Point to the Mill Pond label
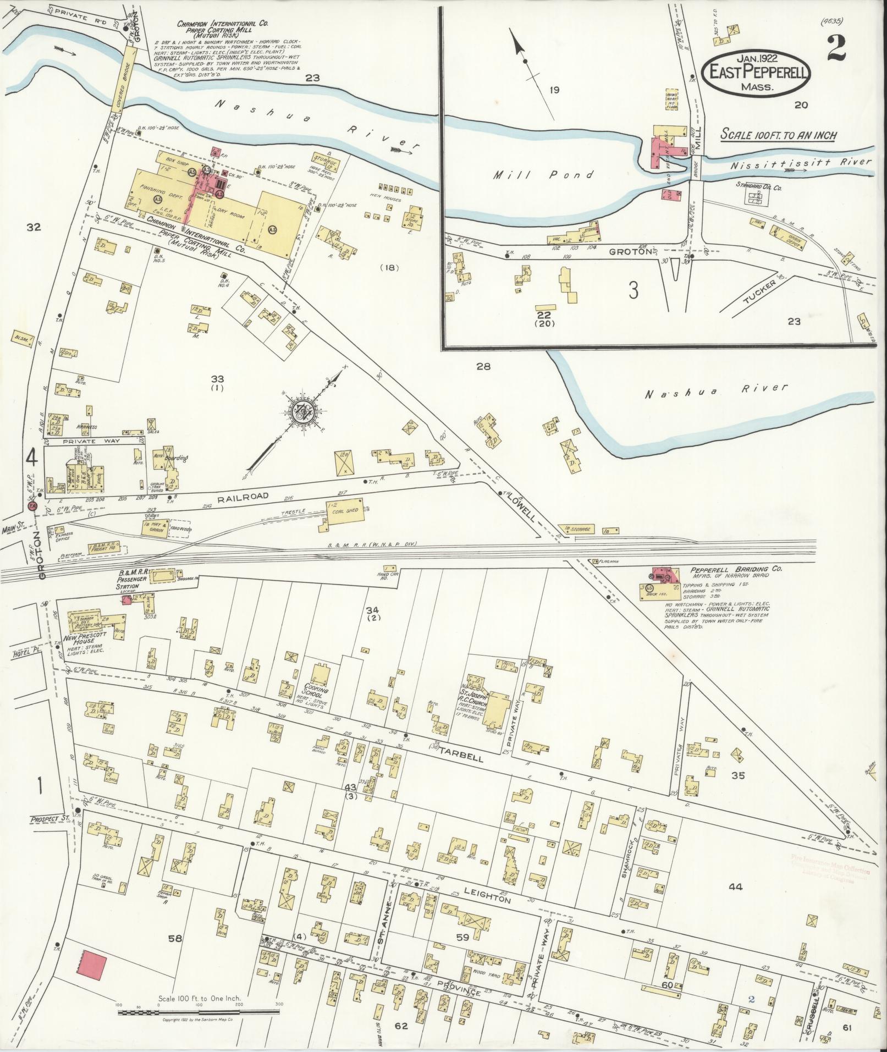(543, 175)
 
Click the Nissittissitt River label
(801, 162)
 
